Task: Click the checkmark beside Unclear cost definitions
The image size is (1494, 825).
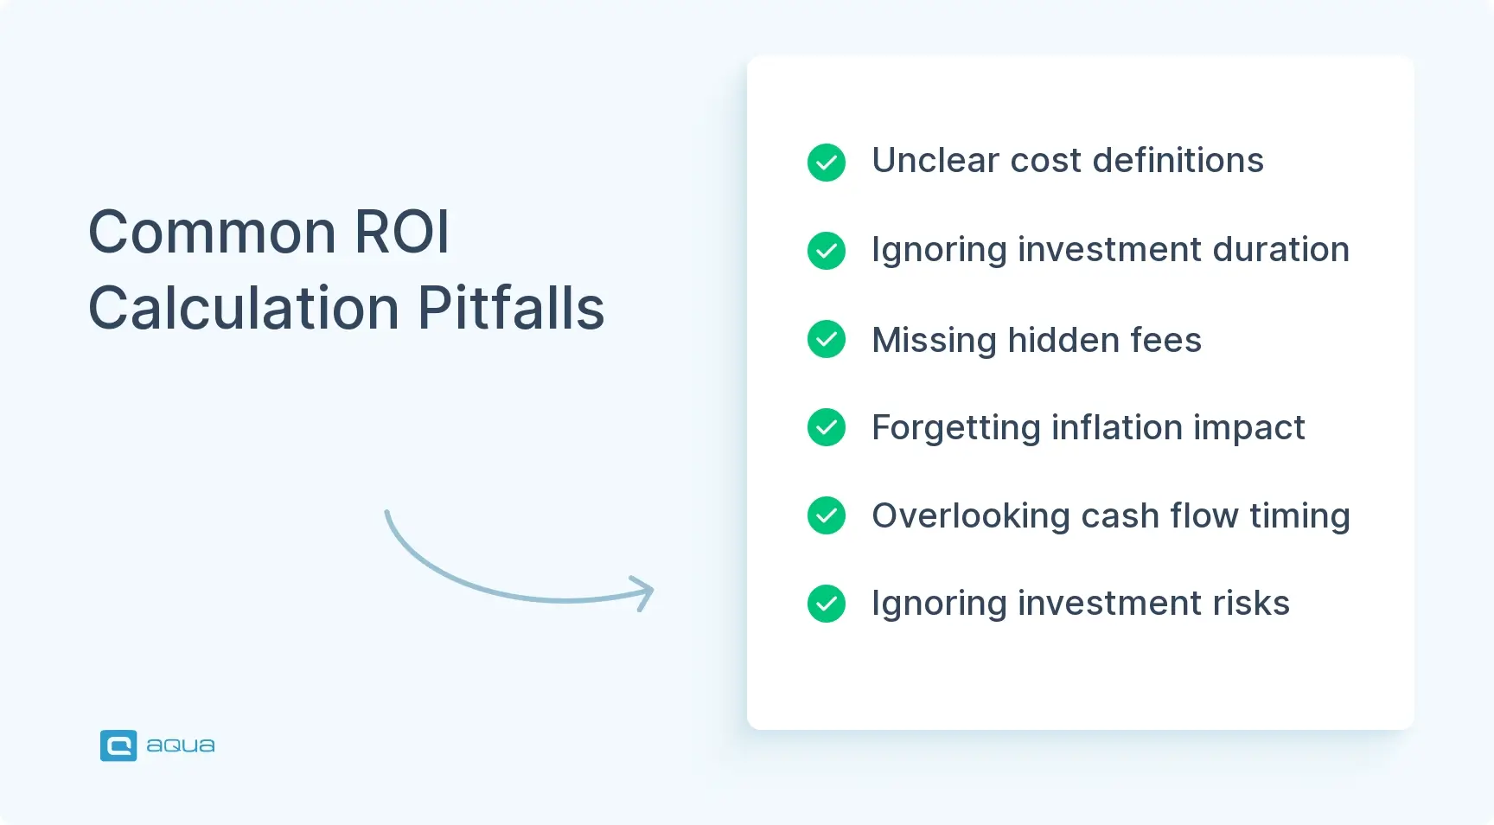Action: pyautogui.click(x=827, y=163)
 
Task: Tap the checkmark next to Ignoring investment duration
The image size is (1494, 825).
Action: pyautogui.click(x=827, y=251)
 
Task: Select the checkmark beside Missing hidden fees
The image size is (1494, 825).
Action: pyautogui.click(x=827, y=339)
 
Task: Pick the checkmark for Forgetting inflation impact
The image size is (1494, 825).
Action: pyautogui.click(x=827, y=427)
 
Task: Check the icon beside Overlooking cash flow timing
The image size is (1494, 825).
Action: pyautogui.click(x=827, y=515)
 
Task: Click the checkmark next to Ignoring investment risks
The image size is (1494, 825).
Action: pyautogui.click(x=827, y=604)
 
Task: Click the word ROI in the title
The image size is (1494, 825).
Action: pyautogui.click(x=402, y=232)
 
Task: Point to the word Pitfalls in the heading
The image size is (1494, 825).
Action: pyautogui.click(x=511, y=308)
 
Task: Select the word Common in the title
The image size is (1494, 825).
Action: pyautogui.click(x=213, y=232)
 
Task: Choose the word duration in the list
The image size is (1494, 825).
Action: pyautogui.click(x=1280, y=250)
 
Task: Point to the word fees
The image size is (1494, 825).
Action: pyautogui.click(x=1165, y=340)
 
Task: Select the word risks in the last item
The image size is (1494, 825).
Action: pyautogui.click(x=1251, y=604)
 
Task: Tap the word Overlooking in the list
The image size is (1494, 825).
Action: pyautogui.click(x=971, y=516)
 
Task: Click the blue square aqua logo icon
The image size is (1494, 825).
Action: pyautogui.click(x=118, y=745)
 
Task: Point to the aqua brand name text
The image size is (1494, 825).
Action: pyautogui.click(x=181, y=745)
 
